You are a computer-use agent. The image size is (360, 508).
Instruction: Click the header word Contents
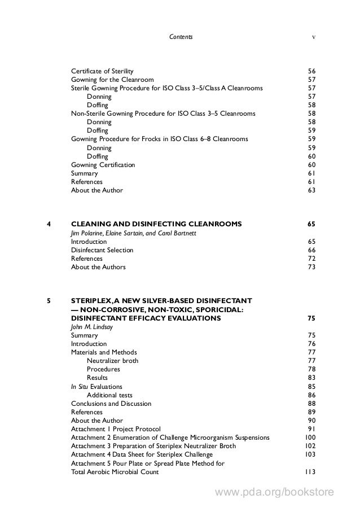[x=181, y=37]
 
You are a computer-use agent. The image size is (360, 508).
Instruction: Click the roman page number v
[x=313, y=37]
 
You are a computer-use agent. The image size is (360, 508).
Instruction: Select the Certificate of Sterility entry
[x=102, y=71]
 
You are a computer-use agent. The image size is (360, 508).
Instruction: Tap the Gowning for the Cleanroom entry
[x=112, y=80]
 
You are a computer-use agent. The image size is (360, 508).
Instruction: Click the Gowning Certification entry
[x=103, y=165]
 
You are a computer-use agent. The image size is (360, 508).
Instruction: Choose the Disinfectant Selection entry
[x=102, y=250]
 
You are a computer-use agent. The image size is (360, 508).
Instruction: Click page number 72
[x=311, y=259]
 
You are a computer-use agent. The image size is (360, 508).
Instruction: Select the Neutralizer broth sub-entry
[x=112, y=361]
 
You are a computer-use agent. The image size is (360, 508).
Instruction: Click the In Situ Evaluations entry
[x=96, y=387]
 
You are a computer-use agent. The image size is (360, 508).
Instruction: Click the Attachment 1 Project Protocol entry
[x=116, y=429]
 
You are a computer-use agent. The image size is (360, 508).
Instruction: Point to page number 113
[x=309, y=472]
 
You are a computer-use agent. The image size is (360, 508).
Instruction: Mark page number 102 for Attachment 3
[x=309, y=446]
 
